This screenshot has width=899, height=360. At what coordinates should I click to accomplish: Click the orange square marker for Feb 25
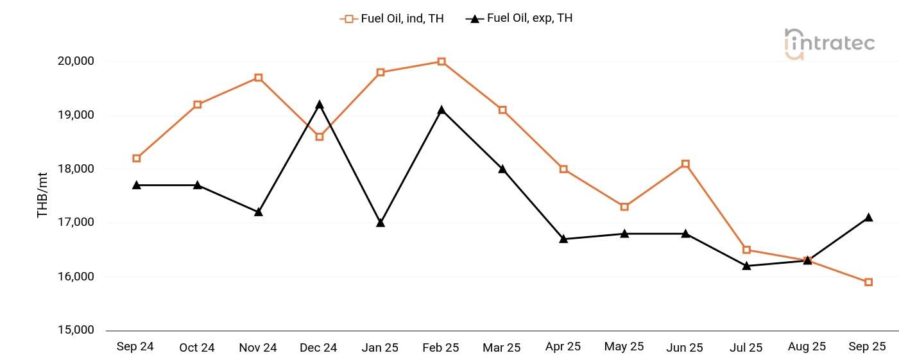(x=441, y=62)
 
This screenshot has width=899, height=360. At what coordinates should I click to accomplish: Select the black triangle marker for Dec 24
(x=320, y=105)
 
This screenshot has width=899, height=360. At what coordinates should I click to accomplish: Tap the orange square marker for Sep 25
(x=868, y=282)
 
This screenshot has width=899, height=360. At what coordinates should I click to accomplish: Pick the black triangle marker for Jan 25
(x=381, y=223)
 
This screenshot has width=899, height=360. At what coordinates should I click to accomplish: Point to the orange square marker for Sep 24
(x=137, y=159)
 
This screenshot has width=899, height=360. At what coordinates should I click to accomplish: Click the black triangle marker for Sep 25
(x=868, y=218)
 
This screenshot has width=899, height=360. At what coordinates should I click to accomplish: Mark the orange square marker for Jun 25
(x=685, y=164)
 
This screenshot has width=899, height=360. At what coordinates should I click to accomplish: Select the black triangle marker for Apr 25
(x=563, y=239)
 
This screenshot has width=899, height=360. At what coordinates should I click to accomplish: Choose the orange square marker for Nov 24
(x=259, y=78)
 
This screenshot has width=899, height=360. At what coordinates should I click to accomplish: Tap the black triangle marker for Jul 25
(x=746, y=266)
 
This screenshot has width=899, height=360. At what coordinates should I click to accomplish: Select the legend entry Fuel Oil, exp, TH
(x=519, y=19)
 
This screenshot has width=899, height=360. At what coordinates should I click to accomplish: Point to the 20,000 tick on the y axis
(x=76, y=62)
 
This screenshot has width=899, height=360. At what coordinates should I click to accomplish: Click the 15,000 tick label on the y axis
(x=76, y=330)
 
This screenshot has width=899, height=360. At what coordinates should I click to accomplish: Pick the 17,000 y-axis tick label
(x=76, y=223)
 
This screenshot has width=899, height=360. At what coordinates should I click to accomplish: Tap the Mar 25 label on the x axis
(x=502, y=348)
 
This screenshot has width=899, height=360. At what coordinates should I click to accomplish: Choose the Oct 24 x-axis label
(x=197, y=348)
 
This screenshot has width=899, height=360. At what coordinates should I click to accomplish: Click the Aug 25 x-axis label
(x=807, y=347)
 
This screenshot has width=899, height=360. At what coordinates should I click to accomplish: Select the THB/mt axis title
(x=43, y=196)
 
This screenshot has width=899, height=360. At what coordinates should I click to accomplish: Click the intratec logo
(x=829, y=44)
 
